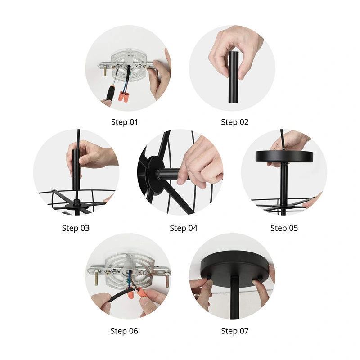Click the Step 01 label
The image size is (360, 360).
pyautogui.click(x=125, y=122)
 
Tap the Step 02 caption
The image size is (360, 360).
pyautogui.click(x=234, y=122)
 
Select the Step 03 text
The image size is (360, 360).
pyautogui.click(x=76, y=228)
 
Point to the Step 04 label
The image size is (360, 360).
pyautogui.click(x=184, y=228)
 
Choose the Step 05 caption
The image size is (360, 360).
pyautogui.click(x=284, y=228)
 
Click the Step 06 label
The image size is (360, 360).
pyautogui.click(x=124, y=331)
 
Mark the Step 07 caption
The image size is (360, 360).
pyautogui.click(x=234, y=331)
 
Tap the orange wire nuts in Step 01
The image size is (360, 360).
pyautogui.click(x=123, y=96)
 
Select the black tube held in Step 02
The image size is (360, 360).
pyautogui.click(x=234, y=77)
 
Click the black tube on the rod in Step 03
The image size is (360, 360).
pyautogui.click(x=76, y=170)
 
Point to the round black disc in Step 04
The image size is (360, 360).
pyautogui.click(x=156, y=175)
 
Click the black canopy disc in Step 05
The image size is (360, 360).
pyautogui.click(x=284, y=156)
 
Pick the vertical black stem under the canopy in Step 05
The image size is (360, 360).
pyautogui.click(x=284, y=184)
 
